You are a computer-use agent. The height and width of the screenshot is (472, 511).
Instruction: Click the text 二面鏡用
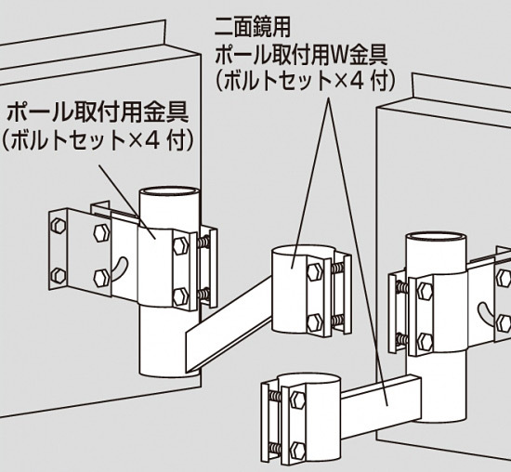point(252,27)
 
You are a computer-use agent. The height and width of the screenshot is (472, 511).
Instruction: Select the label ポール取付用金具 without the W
point(98,112)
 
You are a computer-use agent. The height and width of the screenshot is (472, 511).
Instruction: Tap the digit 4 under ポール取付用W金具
point(356,82)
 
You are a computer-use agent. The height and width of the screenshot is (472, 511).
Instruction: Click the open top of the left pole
point(169,191)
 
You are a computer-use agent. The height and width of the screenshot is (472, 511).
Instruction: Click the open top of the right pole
point(436,237)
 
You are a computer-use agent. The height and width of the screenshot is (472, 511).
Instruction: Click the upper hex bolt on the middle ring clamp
point(315,272)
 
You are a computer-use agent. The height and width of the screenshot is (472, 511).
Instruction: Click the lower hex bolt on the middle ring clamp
point(315,322)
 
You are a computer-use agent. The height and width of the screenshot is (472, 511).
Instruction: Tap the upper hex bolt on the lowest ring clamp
point(297,400)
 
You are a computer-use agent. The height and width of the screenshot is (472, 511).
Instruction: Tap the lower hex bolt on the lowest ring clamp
point(297,450)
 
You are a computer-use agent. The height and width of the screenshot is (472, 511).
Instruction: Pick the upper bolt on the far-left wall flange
point(59,225)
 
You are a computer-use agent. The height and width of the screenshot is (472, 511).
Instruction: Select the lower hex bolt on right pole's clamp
point(425,342)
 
